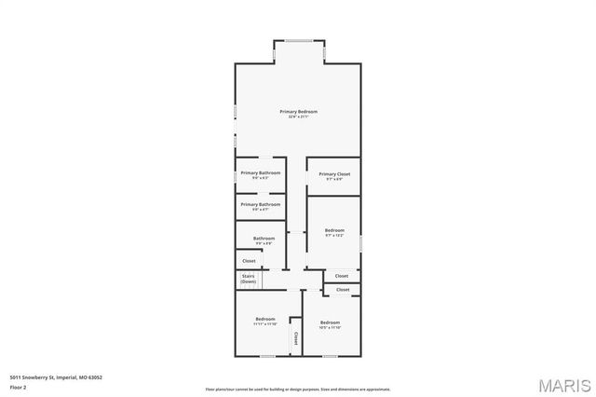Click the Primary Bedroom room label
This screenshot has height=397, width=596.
pyautogui.click(x=298, y=111)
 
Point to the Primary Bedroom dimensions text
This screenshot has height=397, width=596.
pyautogui.click(x=298, y=117)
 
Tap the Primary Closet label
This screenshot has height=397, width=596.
pyautogui.click(x=334, y=173)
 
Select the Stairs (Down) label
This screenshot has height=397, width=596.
pyautogui.click(x=249, y=279)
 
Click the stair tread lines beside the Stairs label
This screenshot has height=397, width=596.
pyautogui.click(x=263, y=280)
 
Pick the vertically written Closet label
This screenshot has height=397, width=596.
pyautogui.click(x=296, y=336)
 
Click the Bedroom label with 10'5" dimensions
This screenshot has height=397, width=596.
pyautogui.click(x=331, y=322)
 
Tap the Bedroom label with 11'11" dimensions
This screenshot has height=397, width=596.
pyautogui.click(x=264, y=320)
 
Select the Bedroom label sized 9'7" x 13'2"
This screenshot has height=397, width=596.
pyautogui.click(x=334, y=230)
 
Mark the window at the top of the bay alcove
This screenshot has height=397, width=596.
pyautogui.click(x=298, y=39)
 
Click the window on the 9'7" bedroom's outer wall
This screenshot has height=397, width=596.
pyautogui.click(x=361, y=243)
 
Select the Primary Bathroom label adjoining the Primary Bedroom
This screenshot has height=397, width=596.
pyautogui.click(x=261, y=172)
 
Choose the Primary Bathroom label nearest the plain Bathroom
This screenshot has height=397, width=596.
pyautogui.click(x=261, y=204)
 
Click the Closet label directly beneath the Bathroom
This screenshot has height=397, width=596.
pyautogui.click(x=249, y=261)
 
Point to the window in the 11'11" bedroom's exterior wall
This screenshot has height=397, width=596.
pyautogui.click(x=266, y=355)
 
